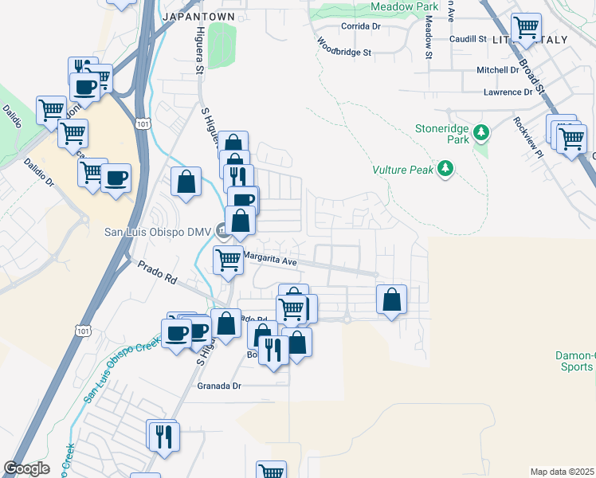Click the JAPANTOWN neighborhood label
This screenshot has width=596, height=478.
(198, 16)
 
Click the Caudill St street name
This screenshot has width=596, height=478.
(467, 38)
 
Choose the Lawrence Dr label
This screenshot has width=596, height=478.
(508, 92)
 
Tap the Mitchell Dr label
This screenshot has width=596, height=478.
(498, 70)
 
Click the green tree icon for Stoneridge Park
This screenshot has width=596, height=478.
(480, 131)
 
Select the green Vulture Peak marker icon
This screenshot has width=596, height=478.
(447, 168)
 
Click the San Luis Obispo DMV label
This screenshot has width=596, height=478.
(159, 233)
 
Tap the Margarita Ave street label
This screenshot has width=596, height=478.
(269, 261)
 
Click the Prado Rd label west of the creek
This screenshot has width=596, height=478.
(156, 274)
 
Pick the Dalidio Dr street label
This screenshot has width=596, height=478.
(38, 171)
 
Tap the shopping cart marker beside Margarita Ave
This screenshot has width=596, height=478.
(229, 259)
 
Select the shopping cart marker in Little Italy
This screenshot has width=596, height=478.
(526, 29)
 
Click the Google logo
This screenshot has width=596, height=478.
(26, 468)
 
